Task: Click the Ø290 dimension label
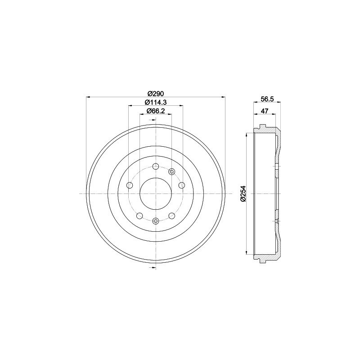point(156,94)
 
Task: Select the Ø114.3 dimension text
point(156,102)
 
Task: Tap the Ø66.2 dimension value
point(156,111)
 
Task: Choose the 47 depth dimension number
point(265,111)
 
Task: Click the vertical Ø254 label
point(243,194)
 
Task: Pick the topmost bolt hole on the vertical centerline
point(156,166)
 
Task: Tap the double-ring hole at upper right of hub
point(171,171)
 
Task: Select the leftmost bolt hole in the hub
point(130,185)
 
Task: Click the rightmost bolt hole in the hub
point(182,185)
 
